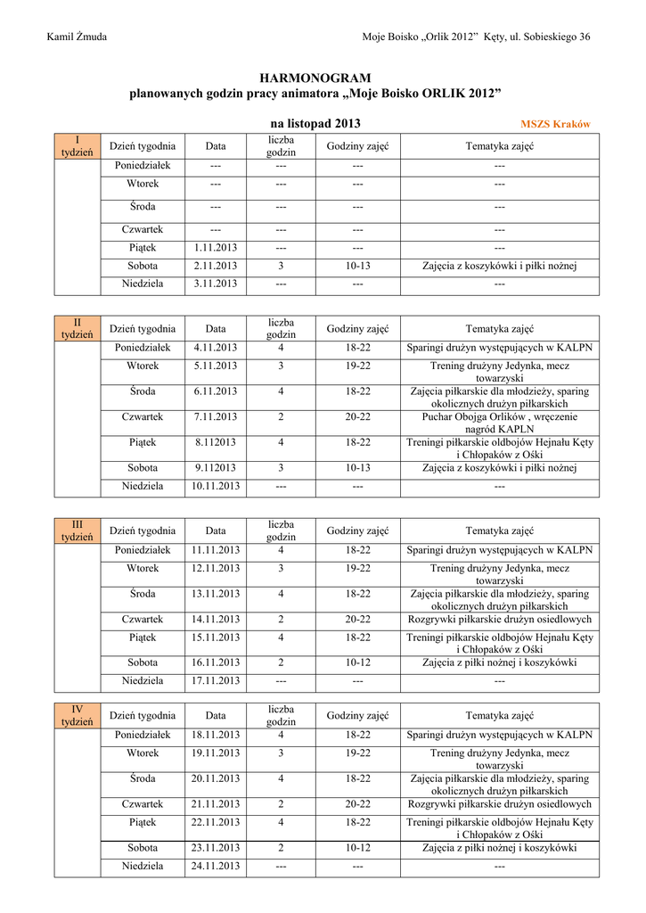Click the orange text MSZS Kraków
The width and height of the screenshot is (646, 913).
(554, 124)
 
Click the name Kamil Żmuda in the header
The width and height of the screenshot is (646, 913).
(77, 37)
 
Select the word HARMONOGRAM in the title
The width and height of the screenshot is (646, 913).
(315, 78)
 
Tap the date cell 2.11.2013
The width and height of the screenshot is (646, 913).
(216, 266)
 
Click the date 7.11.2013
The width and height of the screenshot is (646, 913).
(216, 416)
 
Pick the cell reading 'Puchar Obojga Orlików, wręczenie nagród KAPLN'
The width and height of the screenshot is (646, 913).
(499, 423)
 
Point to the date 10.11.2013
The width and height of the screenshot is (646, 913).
(216, 486)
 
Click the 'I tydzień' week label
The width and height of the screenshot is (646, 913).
(77, 146)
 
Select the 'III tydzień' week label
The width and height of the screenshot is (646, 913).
(77, 531)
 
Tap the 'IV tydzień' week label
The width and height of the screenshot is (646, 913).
(77, 715)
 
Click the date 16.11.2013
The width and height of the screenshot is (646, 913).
(216, 662)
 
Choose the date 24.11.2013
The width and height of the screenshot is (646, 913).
(216, 866)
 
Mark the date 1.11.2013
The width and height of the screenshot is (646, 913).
(216, 247)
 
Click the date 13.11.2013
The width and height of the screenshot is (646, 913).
(216, 594)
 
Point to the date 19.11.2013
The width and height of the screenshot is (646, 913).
(216, 753)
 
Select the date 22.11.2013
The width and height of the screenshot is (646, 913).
(216, 822)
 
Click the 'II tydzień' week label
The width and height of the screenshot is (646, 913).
(77, 328)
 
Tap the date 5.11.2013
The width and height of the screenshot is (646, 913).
(216, 366)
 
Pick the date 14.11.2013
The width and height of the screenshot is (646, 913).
(216, 619)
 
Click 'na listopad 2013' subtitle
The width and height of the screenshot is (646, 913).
(315, 124)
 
